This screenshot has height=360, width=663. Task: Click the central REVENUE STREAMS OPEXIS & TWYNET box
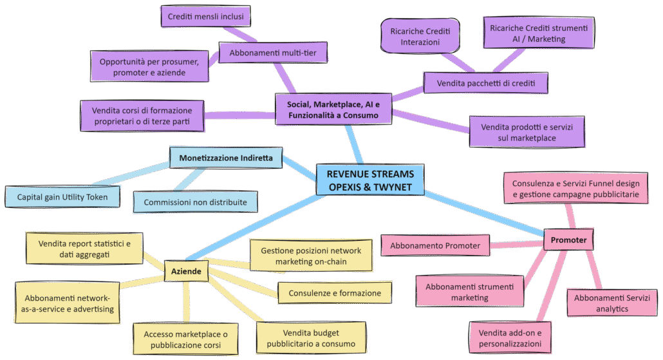click(370, 180)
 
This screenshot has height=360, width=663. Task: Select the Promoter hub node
click(568, 240)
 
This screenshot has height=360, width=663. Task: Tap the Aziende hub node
click(186, 272)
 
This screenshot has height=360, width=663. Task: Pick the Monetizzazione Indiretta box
click(226, 157)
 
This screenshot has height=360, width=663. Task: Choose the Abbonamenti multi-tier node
click(273, 53)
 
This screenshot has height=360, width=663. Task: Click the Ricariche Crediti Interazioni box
click(415, 36)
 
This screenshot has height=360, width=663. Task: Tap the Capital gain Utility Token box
click(62, 196)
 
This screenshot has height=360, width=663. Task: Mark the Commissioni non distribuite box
click(195, 202)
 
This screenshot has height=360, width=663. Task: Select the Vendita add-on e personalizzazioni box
click(510, 338)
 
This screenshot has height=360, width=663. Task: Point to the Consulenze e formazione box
click(334, 293)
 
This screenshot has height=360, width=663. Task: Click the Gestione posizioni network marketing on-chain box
click(311, 256)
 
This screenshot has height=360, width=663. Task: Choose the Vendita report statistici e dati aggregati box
click(84, 249)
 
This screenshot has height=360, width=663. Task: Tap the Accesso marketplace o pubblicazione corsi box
click(185, 339)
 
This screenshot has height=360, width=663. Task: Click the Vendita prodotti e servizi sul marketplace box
click(527, 132)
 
